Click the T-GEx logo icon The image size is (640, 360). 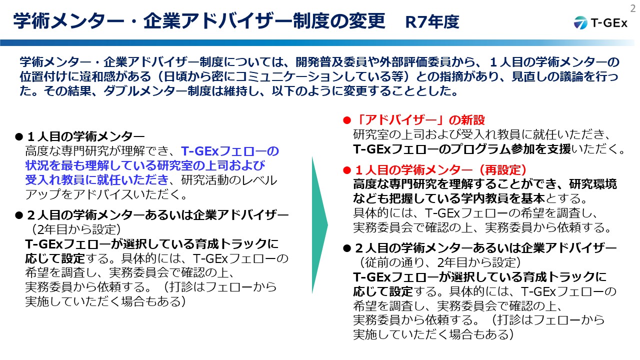click(580, 22)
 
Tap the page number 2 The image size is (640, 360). click(633, 8)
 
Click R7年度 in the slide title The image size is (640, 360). click(432, 22)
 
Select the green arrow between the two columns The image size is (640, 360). click(319, 225)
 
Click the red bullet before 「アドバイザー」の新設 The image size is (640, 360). click(347, 120)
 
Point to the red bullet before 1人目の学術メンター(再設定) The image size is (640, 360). click(347, 170)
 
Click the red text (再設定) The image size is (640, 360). click(503, 170)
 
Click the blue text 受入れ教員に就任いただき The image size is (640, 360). click(97, 180)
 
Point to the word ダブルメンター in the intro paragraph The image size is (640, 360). click(145, 91)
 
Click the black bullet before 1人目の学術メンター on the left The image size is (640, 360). click(19, 137)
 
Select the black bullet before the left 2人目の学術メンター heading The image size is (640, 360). click(19, 215)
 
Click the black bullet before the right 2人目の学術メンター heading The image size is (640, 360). click(347, 248)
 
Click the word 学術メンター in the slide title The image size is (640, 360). click(69, 21)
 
